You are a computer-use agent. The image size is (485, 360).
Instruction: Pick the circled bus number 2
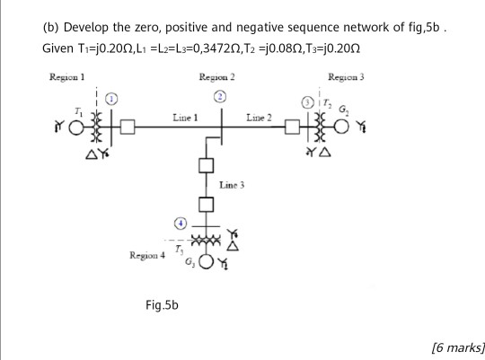(x=218, y=97)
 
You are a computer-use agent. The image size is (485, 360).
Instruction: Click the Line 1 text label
(x=184, y=118)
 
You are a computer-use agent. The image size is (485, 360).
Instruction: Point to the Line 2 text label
(x=260, y=118)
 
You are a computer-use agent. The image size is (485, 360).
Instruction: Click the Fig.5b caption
(x=162, y=305)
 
